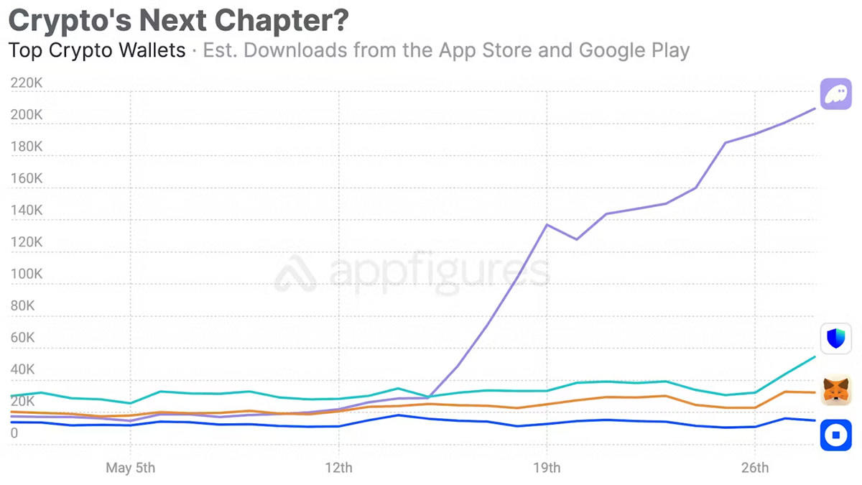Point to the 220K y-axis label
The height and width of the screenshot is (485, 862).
[26, 83]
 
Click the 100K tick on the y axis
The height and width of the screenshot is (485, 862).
[26, 274]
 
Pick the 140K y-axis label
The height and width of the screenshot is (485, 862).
[26, 211]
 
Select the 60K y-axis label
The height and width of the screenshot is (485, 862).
[22, 338]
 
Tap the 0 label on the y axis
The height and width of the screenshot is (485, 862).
[14, 433]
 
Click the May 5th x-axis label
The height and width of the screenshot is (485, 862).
[130, 468]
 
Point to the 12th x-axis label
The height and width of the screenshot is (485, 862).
[338, 468]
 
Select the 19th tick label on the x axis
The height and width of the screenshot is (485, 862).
[547, 468]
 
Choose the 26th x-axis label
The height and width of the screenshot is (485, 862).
[755, 468]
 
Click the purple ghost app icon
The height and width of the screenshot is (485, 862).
[836, 95]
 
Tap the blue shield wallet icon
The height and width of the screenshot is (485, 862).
[836, 338]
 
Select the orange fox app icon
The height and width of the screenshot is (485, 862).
[836, 390]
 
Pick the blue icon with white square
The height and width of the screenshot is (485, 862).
[836, 435]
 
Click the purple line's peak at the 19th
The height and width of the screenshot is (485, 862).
[547, 224]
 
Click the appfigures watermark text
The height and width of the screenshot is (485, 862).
[438, 272]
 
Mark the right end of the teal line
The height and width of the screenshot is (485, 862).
[815, 356]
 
